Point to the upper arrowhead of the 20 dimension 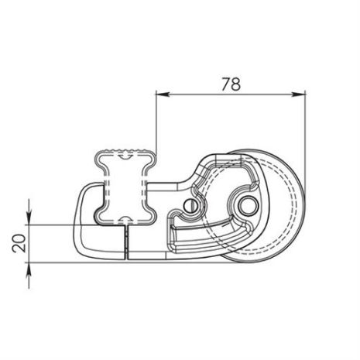30,219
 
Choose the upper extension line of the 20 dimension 54,225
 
